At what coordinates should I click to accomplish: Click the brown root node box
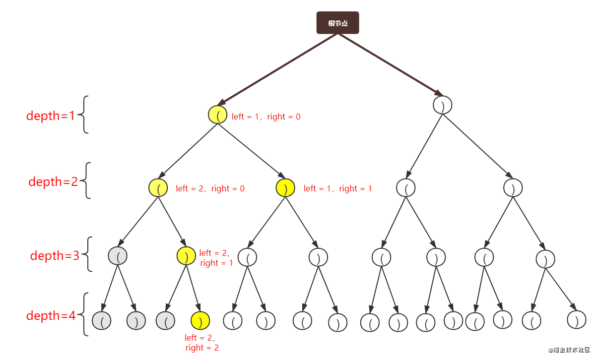click(337, 23)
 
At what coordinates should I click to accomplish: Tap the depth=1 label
click(50, 116)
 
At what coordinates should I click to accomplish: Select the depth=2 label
click(53, 181)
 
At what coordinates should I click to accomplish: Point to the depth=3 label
click(55, 255)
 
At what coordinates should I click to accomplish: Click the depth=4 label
click(51, 315)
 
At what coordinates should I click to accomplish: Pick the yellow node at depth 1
click(217, 115)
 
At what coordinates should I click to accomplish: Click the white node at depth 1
click(442, 105)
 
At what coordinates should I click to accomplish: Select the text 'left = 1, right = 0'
click(266, 117)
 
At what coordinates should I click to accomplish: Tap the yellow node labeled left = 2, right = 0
click(158, 188)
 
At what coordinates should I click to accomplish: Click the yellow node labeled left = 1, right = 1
click(285, 187)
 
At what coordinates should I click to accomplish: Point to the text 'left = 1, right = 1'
click(337, 188)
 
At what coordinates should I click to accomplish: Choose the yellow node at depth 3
click(186, 255)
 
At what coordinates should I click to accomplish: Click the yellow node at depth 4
click(200, 320)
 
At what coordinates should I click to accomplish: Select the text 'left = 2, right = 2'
click(201, 343)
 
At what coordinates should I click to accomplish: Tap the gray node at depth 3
click(118, 255)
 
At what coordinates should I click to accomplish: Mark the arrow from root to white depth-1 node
click(392, 64)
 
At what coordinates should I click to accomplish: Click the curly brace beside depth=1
click(85, 115)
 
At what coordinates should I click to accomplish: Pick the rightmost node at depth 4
click(576, 319)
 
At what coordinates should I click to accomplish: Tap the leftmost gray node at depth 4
click(101, 321)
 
